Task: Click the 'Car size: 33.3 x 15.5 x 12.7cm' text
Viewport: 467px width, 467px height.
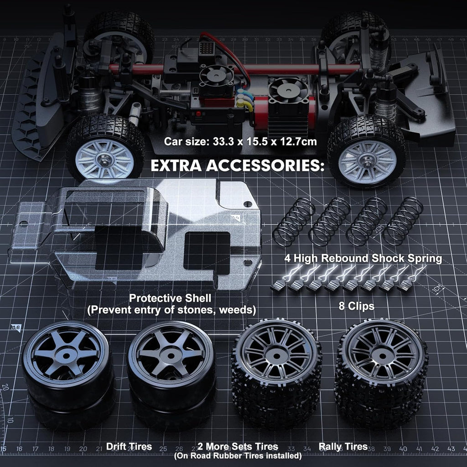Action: tap(240, 141)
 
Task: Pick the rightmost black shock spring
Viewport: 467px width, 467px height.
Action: tap(403, 221)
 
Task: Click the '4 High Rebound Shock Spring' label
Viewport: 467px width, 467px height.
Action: tap(363, 259)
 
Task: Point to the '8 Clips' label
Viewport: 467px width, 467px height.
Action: tap(356, 306)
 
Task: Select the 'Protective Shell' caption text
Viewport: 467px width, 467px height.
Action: tap(170, 298)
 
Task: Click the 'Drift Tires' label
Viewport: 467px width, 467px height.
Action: tap(129, 446)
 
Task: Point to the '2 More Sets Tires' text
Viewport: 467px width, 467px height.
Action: tap(238, 446)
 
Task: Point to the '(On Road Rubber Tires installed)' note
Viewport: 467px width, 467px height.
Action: tap(238, 456)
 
